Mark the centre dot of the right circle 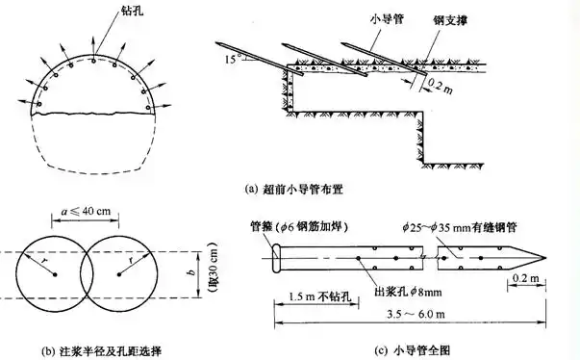pyautogui.click(x=118, y=275)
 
